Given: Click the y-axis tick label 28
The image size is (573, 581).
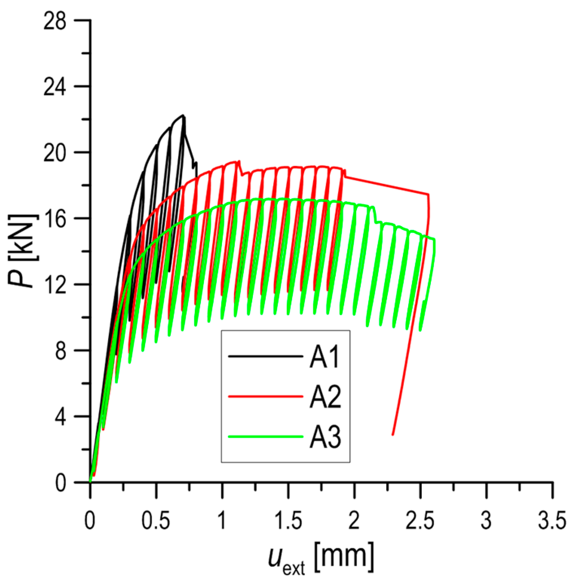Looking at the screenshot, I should click(x=55, y=21).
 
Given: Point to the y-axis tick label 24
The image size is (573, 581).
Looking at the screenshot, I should click(x=55, y=87).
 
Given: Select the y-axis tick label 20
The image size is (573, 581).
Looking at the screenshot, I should click(x=55, y=153).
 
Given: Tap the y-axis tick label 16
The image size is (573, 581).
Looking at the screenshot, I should click(x=55, y=219).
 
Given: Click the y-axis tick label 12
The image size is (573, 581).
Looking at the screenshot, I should click(x=55, y=284).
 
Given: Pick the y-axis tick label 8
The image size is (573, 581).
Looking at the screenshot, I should click(x=60, y=350).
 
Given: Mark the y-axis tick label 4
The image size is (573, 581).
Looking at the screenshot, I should click(x=60, y=416).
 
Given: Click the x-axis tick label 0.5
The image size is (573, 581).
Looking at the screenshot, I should click(x=156, y=521).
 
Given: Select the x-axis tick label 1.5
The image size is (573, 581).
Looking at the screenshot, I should click(x=288, y=521).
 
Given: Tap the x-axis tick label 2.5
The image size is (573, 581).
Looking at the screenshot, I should click(x=420, y=521).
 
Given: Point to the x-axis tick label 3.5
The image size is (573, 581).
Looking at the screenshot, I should click(x=552, y=521).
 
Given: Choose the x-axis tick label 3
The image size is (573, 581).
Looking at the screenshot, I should click(x=486, y=521).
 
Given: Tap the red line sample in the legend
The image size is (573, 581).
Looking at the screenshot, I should click(x=265, y=396).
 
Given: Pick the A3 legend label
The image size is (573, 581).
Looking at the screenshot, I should click(x=325, y=437).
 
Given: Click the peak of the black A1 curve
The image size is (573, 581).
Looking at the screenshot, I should click(x=183, y=115).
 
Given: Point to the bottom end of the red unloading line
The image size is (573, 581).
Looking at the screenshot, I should click(x=393, y=434).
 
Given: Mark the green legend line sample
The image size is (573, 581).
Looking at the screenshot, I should click(x=265, y=437).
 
